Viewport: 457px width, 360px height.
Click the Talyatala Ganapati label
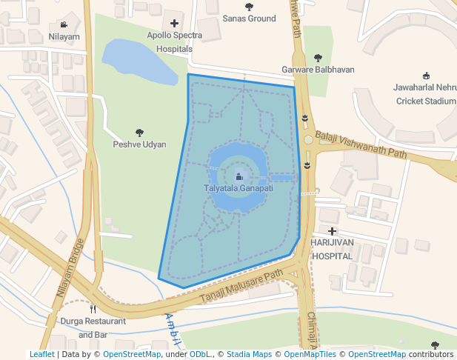coord(238,189)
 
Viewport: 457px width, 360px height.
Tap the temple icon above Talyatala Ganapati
coord(238,177)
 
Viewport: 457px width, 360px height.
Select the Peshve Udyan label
coord(139,144)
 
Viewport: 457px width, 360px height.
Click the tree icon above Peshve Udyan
coord(139,133)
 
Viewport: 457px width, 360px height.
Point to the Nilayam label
coord(64,36)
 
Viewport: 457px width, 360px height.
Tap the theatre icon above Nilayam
coord(64,24)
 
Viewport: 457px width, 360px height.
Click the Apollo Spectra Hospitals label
coord(174,41)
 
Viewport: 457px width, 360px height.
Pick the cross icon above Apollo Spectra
coord(174,24)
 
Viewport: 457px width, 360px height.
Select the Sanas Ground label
coord(249,19)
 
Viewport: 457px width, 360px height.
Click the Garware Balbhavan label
coord(318,70)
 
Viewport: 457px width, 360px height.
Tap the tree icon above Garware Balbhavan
coord(318,58)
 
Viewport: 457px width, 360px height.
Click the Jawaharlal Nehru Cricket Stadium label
coord(425,94)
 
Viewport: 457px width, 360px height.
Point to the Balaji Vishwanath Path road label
coord(361,145)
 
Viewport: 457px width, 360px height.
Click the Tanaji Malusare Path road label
coord(243,287)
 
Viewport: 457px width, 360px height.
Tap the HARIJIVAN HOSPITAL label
coord(333,249)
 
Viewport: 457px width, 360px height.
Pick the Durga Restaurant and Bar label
coord(93,328)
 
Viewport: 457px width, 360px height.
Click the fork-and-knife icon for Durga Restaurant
coord(93,309)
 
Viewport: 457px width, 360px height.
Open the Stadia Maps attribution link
coord(249,355)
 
